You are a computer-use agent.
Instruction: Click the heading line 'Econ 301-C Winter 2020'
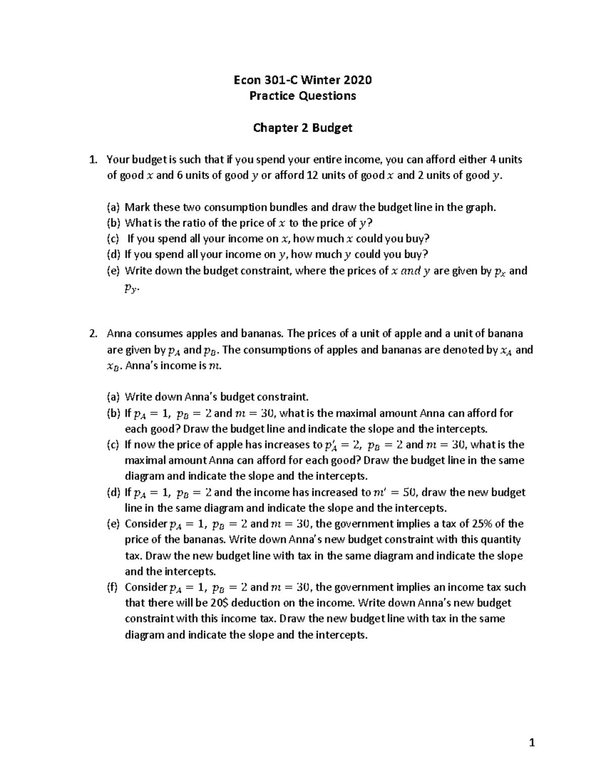click(x=302, y=80)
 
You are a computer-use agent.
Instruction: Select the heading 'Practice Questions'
click(x=302, y=96)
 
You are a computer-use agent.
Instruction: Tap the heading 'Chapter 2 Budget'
click(x=302, y=128)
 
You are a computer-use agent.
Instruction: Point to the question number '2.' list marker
click(x=92, y=334)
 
